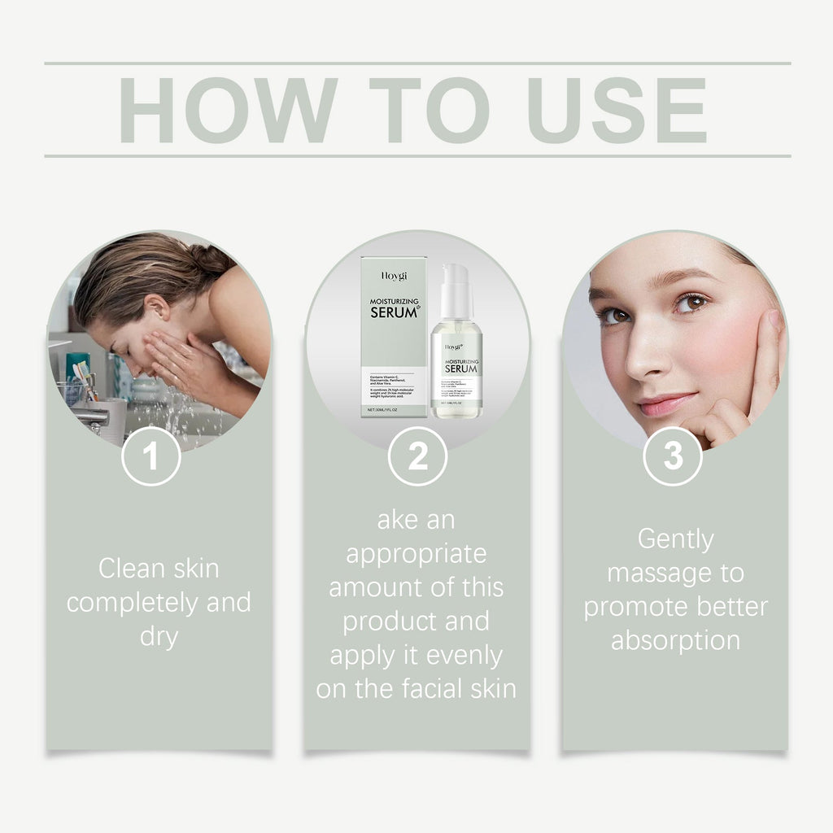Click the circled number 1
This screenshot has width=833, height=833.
(151, 456)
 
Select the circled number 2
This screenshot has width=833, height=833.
(417, 456)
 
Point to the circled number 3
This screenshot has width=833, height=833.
(673, 456)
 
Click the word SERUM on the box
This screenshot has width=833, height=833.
(394, 312)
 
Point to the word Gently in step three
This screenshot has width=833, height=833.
(675, 539)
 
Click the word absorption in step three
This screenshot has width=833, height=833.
(675, 640)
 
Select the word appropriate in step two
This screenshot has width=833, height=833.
(416, 554)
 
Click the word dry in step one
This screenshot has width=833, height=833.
(159, 635)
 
